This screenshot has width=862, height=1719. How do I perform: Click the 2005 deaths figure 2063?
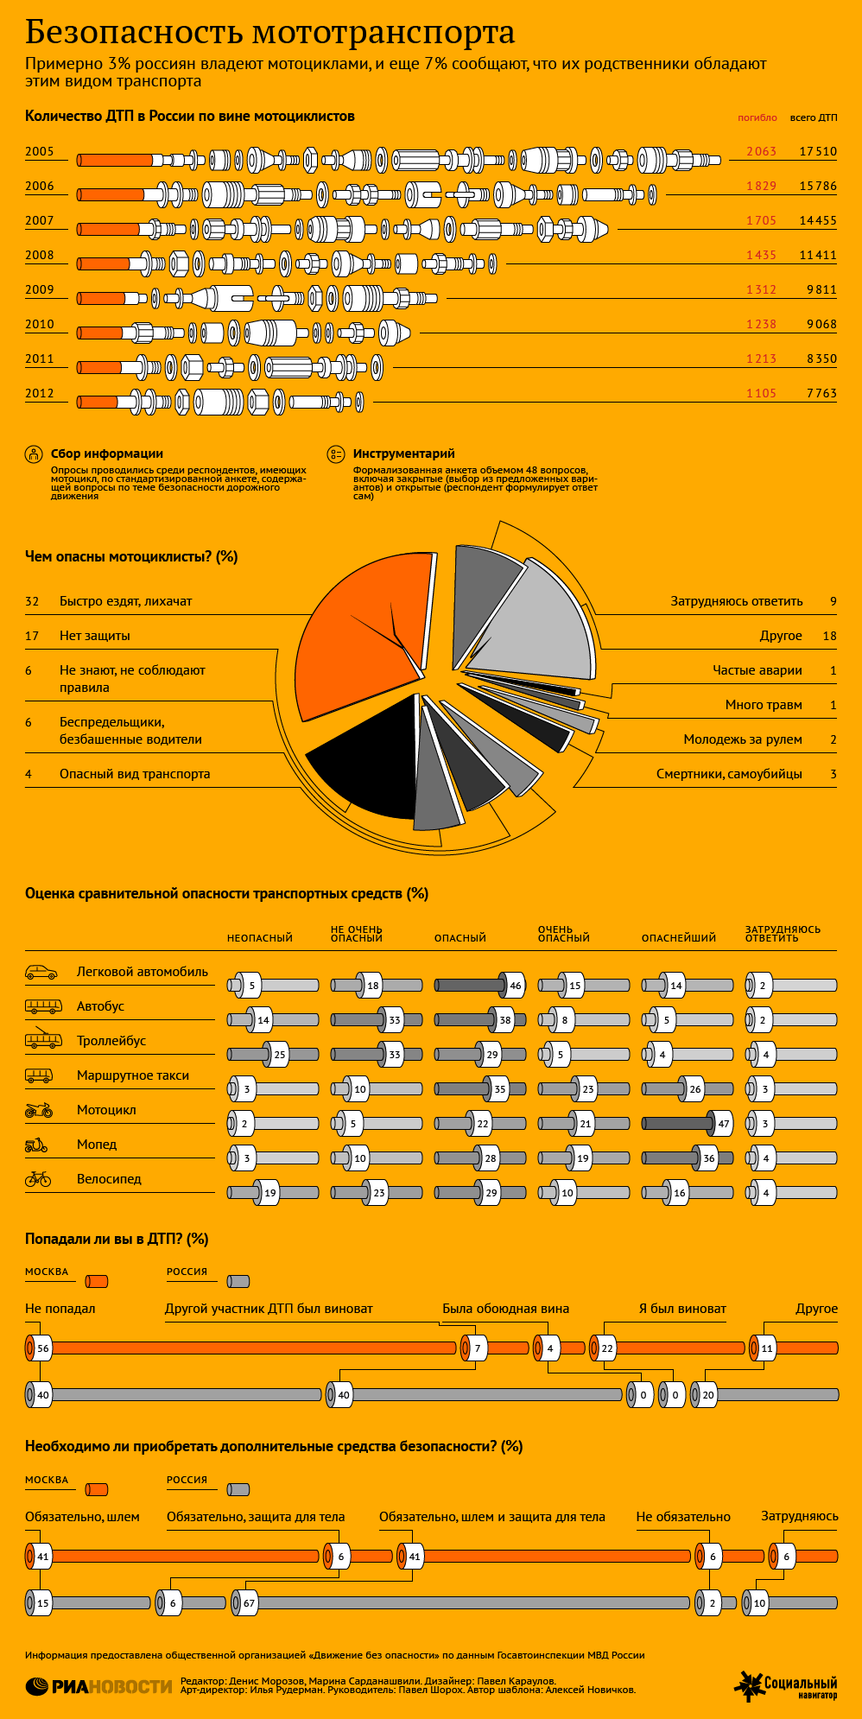761,151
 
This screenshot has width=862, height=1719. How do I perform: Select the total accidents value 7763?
821,393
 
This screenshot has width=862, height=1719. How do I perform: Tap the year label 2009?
40,289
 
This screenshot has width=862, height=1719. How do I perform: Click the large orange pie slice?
358,635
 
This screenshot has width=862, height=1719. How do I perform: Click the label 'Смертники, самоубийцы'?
729,774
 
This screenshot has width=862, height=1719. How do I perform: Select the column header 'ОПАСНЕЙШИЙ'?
679,938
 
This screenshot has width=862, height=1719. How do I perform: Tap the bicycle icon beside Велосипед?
38,1178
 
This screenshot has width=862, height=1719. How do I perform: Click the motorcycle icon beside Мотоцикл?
39,1109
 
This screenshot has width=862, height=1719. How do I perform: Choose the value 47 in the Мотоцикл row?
724,1124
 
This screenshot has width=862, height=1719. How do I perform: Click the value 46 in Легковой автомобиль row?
516,986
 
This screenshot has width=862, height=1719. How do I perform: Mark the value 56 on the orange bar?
43,1348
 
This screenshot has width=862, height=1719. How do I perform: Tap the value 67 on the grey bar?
249,1603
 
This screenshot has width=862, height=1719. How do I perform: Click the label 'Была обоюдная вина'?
505,1309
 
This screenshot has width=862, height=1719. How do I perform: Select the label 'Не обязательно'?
683,1517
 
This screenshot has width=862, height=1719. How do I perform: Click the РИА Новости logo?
99,1686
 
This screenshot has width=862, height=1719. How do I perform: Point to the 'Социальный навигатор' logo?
786,1686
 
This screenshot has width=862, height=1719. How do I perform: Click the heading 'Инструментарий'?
403,454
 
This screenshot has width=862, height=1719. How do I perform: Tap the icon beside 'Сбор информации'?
34,454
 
